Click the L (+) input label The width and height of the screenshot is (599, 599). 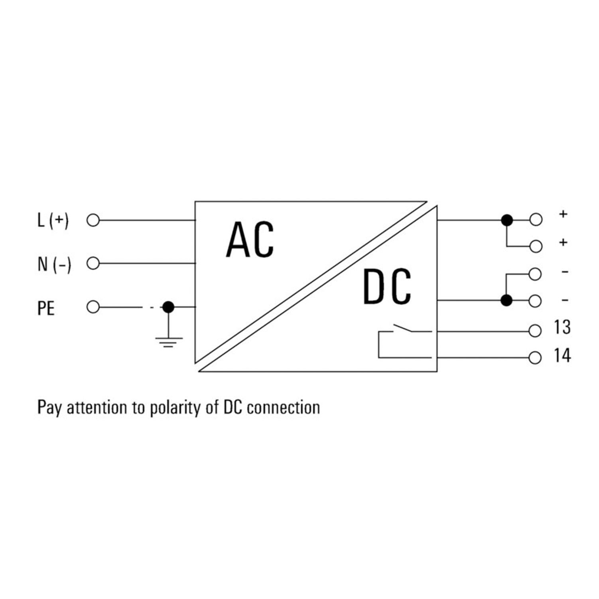click(53, 220)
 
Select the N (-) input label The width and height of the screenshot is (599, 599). click(54, 264)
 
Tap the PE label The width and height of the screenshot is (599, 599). click(46, 308)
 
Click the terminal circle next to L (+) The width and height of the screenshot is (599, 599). click(93, 220)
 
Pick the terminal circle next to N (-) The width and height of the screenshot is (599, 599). click(93, 263)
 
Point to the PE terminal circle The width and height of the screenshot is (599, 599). click(93, 307)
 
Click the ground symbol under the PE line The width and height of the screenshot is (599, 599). click(168, 341)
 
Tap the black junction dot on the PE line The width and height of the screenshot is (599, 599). click(168, 307)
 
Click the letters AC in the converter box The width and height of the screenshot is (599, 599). click(250, 240)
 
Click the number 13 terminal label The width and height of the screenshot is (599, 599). click(562, 327)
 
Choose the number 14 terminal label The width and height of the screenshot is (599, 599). click(562, 356)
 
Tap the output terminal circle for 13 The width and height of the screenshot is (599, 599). click(535, 331)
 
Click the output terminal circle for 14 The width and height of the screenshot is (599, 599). click(535, 358)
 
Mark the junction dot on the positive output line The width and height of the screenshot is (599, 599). click(507, 220)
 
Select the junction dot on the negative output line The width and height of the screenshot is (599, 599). click(506, 300)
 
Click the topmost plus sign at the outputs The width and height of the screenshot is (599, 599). click(563, 214)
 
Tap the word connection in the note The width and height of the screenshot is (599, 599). click(283, 408)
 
